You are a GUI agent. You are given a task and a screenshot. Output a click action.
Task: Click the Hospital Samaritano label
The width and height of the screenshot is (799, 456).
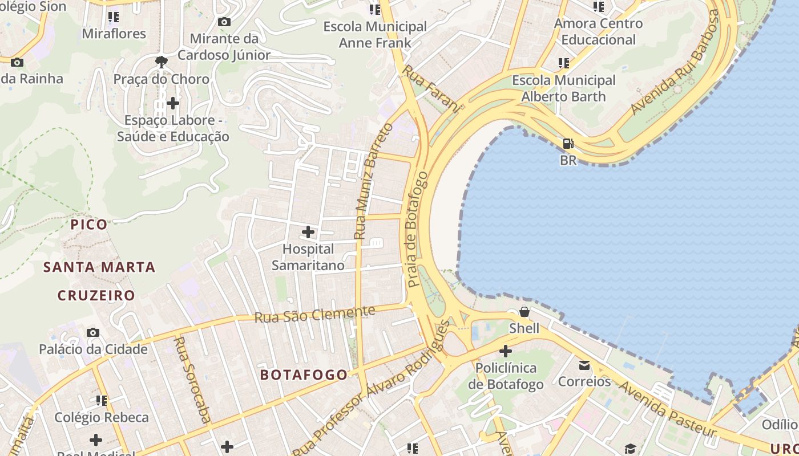(308, 257)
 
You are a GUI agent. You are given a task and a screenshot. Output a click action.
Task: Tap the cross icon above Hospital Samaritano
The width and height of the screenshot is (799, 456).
(308, 232)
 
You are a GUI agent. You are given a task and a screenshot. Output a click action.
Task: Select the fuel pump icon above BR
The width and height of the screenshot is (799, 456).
(568, 144)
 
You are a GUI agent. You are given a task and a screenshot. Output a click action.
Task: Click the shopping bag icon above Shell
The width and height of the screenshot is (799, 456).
(524, 312)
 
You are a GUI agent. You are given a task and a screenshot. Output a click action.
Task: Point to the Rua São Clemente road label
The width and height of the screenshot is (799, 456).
(314, 314)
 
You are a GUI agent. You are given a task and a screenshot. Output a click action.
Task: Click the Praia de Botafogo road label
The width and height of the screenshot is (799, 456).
(417, 229)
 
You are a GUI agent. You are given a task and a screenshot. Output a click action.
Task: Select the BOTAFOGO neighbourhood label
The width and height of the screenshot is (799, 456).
(304, 374)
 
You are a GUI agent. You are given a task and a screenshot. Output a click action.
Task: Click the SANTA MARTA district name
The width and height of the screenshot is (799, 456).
(100, 267)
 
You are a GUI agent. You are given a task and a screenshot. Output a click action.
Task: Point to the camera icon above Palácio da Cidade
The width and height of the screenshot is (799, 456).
(92, 332)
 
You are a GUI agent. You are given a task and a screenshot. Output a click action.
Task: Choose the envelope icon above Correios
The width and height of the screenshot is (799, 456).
(584, 365)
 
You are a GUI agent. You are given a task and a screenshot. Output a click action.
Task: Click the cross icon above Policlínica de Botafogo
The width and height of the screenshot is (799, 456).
(506, 351)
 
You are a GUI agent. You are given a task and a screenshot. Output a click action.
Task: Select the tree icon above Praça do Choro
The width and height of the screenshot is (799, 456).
(162, 62)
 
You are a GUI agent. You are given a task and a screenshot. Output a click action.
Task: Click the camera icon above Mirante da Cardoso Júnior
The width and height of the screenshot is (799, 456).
(224, 22)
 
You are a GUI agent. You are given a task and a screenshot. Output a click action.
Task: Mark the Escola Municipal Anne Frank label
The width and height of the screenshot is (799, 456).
(375, 35)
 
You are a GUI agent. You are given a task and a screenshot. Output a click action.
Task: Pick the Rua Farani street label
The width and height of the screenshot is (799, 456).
(431, 89)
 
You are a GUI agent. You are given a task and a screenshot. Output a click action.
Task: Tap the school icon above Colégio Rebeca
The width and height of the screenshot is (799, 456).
(102, 401)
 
